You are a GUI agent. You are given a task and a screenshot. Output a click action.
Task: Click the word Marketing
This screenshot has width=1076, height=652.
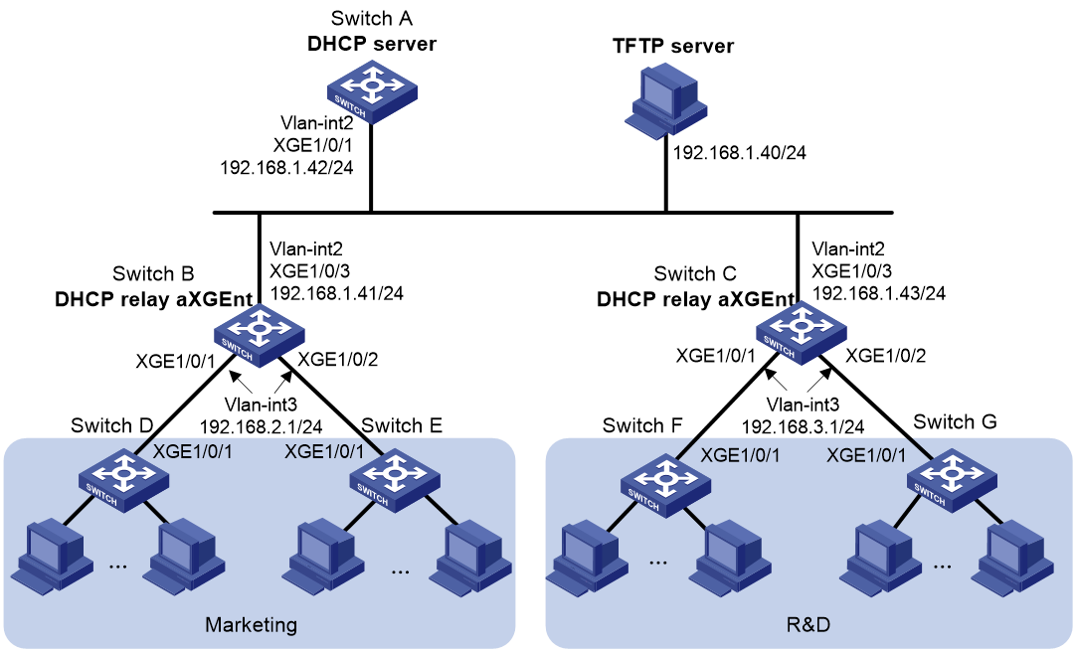click(251, 625)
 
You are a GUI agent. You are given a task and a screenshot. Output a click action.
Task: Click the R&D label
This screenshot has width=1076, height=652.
click(807, 625)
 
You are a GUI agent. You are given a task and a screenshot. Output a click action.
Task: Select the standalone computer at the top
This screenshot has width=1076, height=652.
click(665, 100)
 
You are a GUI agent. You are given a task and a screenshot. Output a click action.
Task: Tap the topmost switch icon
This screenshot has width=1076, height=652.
click(372, 91)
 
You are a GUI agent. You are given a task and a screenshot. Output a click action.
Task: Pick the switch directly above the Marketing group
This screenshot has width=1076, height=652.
click(259, 334)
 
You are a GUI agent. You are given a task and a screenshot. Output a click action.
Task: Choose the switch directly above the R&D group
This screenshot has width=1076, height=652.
click(801, 332)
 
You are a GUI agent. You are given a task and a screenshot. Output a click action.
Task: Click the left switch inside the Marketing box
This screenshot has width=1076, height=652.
click(124, 479)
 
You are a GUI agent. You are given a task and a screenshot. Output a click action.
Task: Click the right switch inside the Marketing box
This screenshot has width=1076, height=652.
click(395, 479)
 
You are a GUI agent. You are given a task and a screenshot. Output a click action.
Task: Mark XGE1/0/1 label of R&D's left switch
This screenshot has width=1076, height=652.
click(741, 455)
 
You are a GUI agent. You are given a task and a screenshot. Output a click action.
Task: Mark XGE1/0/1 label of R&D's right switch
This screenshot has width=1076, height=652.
click(866, 455)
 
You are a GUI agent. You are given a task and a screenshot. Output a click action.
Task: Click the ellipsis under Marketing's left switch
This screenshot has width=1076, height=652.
click(117, 567)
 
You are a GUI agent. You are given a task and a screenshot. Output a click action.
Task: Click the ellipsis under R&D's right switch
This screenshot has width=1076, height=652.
click(942, 567)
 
